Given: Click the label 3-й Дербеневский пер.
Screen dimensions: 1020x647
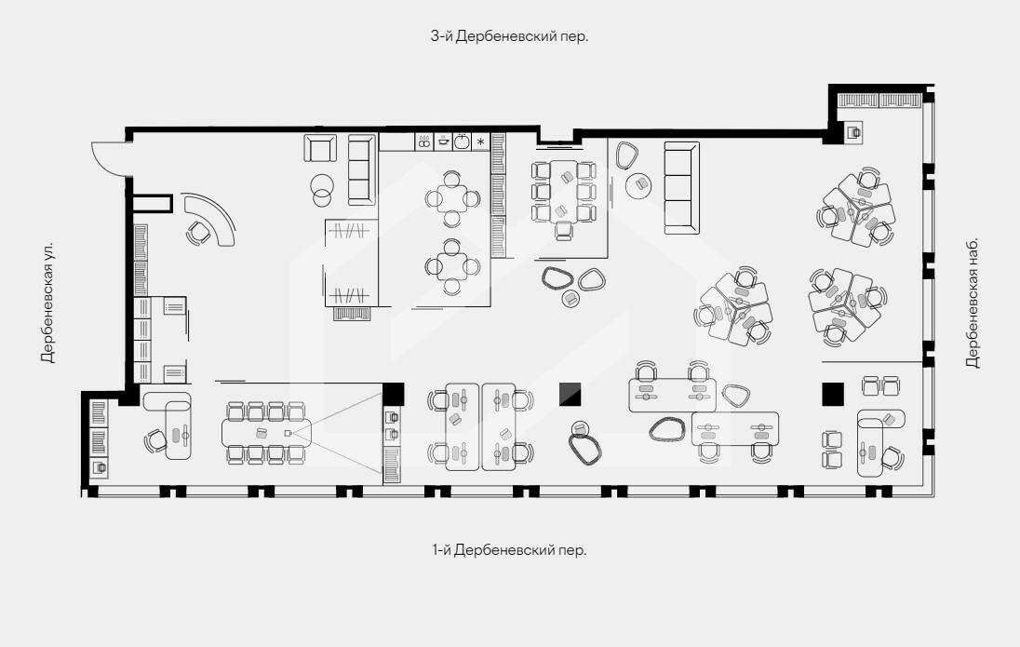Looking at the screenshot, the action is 509,36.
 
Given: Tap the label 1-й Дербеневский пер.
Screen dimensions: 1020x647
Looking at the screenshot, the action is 509,550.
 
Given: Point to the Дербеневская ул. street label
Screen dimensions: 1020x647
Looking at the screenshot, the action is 47,303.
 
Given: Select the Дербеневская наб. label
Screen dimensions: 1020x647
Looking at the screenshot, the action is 972,303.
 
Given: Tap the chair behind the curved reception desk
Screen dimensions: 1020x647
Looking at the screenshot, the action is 198,233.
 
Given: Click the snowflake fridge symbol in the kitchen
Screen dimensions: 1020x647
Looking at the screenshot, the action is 481,142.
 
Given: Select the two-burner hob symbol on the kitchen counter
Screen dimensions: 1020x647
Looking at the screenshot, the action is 424,142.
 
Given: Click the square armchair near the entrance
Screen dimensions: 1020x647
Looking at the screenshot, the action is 320,148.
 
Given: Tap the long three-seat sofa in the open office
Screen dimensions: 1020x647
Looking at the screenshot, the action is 682,187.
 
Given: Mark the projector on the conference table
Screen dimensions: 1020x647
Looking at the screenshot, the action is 288,433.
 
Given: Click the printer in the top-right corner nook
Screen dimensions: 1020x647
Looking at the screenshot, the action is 854,132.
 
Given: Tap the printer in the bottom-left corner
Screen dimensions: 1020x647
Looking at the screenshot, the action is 99,466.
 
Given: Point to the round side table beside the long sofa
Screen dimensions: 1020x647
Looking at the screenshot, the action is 638,185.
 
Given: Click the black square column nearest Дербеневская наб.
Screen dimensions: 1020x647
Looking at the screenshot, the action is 833,394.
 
